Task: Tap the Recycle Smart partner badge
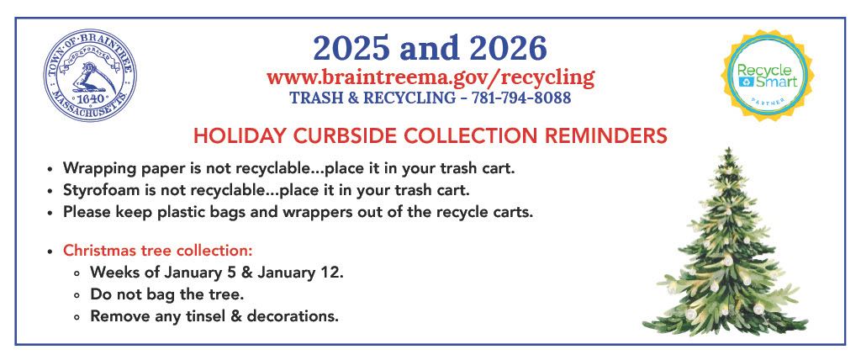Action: click(767, 76)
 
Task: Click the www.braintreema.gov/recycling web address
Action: click(430, 77)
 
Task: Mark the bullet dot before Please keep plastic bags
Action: click(51, 212)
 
